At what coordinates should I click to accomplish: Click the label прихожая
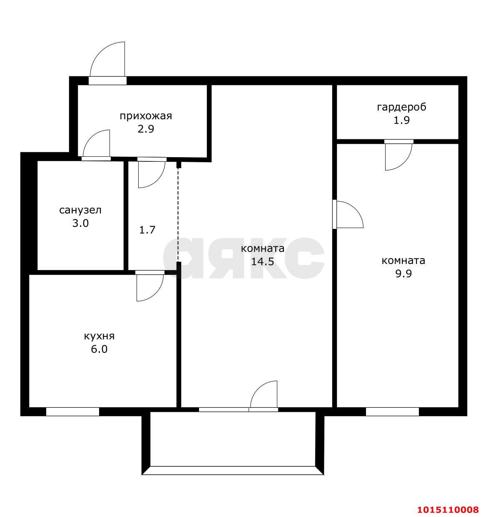click(x=145, y=116)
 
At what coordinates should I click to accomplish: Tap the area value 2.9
click(x=146, y=129)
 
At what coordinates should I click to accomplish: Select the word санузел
click(x=80, y=210)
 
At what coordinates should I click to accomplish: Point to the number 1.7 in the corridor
click(x=147, y=230)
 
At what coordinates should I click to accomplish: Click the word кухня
click(x=99, y=336)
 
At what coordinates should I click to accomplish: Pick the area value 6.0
click(x=99, y=349)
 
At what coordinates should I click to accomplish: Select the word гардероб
click(x=401, y=107)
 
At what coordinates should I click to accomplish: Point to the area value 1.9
click(x=402, y=120)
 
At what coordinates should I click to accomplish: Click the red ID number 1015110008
click(x=448, y=509)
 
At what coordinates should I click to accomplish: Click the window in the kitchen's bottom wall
click(x=72, y=412)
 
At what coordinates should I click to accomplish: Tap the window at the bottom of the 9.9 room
click(x=392, y=412)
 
